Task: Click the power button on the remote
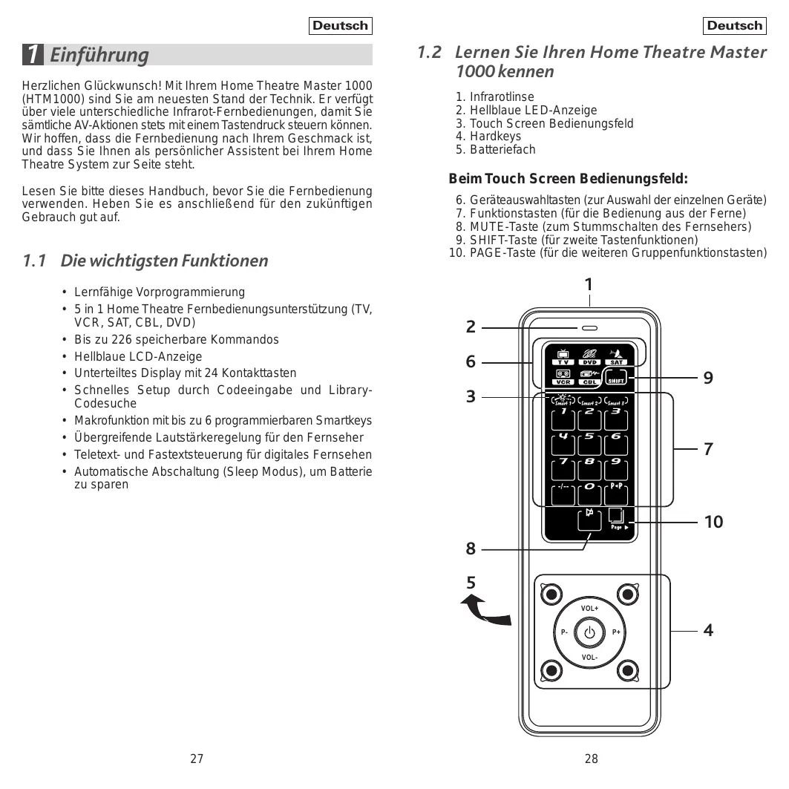[590, 632]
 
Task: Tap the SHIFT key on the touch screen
[616, 378]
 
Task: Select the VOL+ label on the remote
[590, 609]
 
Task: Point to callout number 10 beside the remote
[713, 522]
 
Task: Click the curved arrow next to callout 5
[486, 610]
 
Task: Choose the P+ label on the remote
[617, 632]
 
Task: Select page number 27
[197, 759]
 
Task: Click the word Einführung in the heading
[99, 55]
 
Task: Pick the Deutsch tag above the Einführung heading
[340, 26]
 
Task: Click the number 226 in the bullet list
[122, 339]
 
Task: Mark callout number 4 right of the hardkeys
[709, 630]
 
